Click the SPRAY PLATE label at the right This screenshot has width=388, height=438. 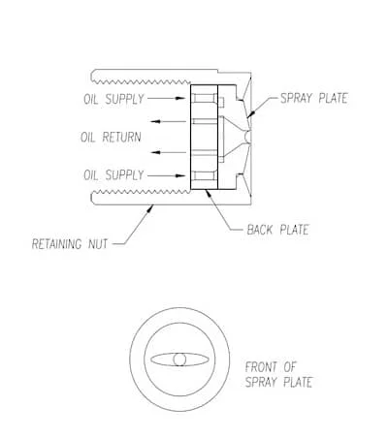[x=314, y=98]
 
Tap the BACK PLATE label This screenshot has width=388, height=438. [x=277, y=230]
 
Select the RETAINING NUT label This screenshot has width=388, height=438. [x=70, y=244]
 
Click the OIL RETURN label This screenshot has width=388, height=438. [x=111, y=137]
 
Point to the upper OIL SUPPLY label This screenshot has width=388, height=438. [x=113, y=99]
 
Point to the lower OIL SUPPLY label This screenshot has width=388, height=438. [x=113, y=175]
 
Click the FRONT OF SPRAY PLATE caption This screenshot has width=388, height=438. [x=278, y=375]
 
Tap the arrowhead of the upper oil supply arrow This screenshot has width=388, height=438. [x=180, y=98]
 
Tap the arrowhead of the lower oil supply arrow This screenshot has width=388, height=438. [x=180, y=176]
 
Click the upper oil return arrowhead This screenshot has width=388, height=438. [x=156, y=122]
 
